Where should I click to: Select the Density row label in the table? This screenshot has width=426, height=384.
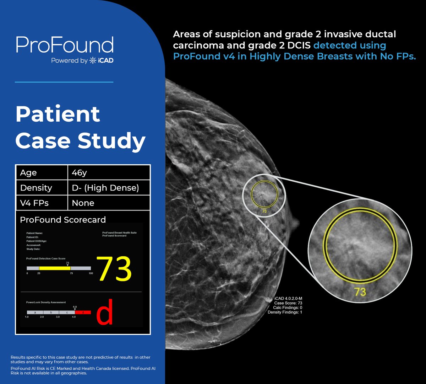pyautogui.click(x=36, y=188)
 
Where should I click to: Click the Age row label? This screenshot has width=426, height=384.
pyautogui.click(x=28, y=173)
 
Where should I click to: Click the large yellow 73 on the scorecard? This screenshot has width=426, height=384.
pyautogui.click(x=114, y=270)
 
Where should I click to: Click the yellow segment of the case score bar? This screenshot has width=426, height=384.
pyautogui.click(x=55, y=268)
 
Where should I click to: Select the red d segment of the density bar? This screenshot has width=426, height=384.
pyautogui.click(x=83, y=313)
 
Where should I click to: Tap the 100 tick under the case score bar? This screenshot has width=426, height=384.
pyautogui.click(x=91, y=273)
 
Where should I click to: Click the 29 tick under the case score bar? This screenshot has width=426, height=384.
pyautogui.click(x=39, y=273)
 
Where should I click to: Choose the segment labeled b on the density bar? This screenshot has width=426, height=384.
pyautogui.click(x=51, y=313)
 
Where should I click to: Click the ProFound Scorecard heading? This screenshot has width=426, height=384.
pyautogui.click(x=62, y=220)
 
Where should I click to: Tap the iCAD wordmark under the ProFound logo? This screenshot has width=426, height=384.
pyautogui.click(x=105, y=60)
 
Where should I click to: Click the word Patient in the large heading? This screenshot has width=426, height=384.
pyautogui.click(x=58, y=114)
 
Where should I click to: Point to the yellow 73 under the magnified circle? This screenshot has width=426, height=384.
pyautogui.click(x=360, y=292)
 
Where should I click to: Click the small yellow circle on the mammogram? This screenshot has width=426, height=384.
pyautogui.click(x=263, y=194)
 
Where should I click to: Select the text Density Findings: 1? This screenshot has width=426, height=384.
pyautogui.click(x=285, y=312)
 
